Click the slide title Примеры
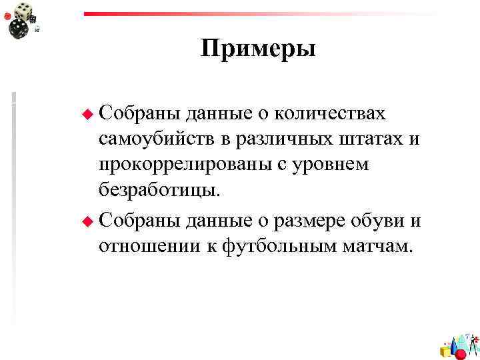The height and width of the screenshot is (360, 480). coord(258,49)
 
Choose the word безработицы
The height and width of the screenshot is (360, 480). coord(158,190)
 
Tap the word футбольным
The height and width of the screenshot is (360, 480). coord(281,246)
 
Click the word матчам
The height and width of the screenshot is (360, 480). coord(380,246)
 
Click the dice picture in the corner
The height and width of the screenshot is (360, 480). coord(23,19)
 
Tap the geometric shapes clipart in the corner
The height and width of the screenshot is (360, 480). coord(459,344)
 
